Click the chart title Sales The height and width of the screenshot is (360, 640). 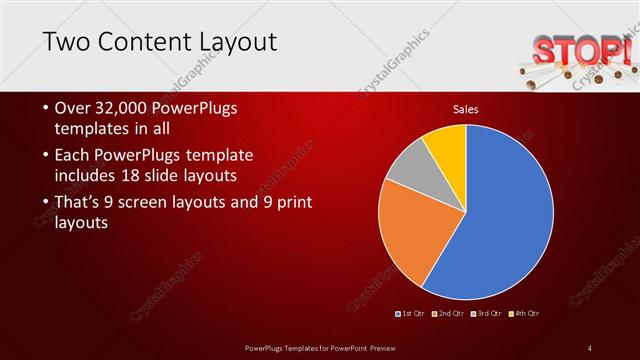tap(467, 108)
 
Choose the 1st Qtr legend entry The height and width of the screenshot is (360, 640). tap(411, 314)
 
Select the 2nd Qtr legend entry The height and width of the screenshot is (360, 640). tap(449, 314)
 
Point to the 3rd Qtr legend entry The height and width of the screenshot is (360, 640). tap(487, 314)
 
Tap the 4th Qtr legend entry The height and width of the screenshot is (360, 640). tap(525, 314)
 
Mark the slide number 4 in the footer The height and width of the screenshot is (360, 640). tap(590, 348)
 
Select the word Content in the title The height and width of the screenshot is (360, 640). tap(146, 42)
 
